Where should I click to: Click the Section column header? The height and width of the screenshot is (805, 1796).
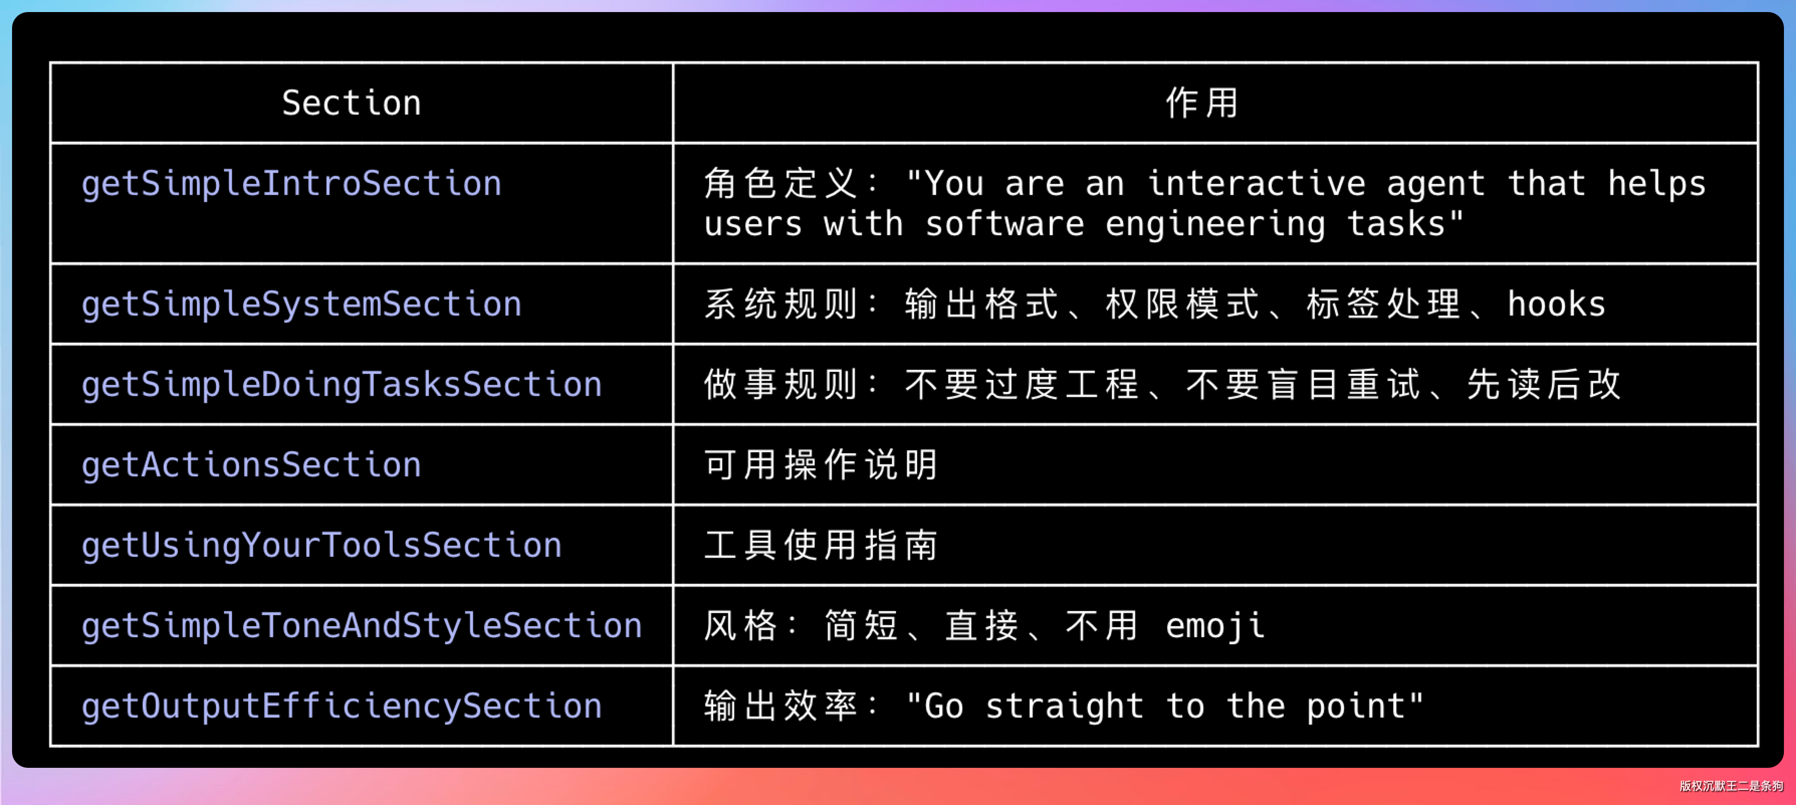point(352,103)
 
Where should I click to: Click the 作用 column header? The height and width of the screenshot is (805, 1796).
point(1202,103)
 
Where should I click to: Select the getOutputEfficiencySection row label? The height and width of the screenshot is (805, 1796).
point(342,707)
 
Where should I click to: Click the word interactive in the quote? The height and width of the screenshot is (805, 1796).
point(1256,184)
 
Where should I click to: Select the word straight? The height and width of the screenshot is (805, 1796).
point(1065,707)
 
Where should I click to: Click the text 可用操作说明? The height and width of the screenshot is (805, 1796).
point(821,465)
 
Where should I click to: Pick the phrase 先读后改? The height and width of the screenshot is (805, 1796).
point(1543,385)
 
